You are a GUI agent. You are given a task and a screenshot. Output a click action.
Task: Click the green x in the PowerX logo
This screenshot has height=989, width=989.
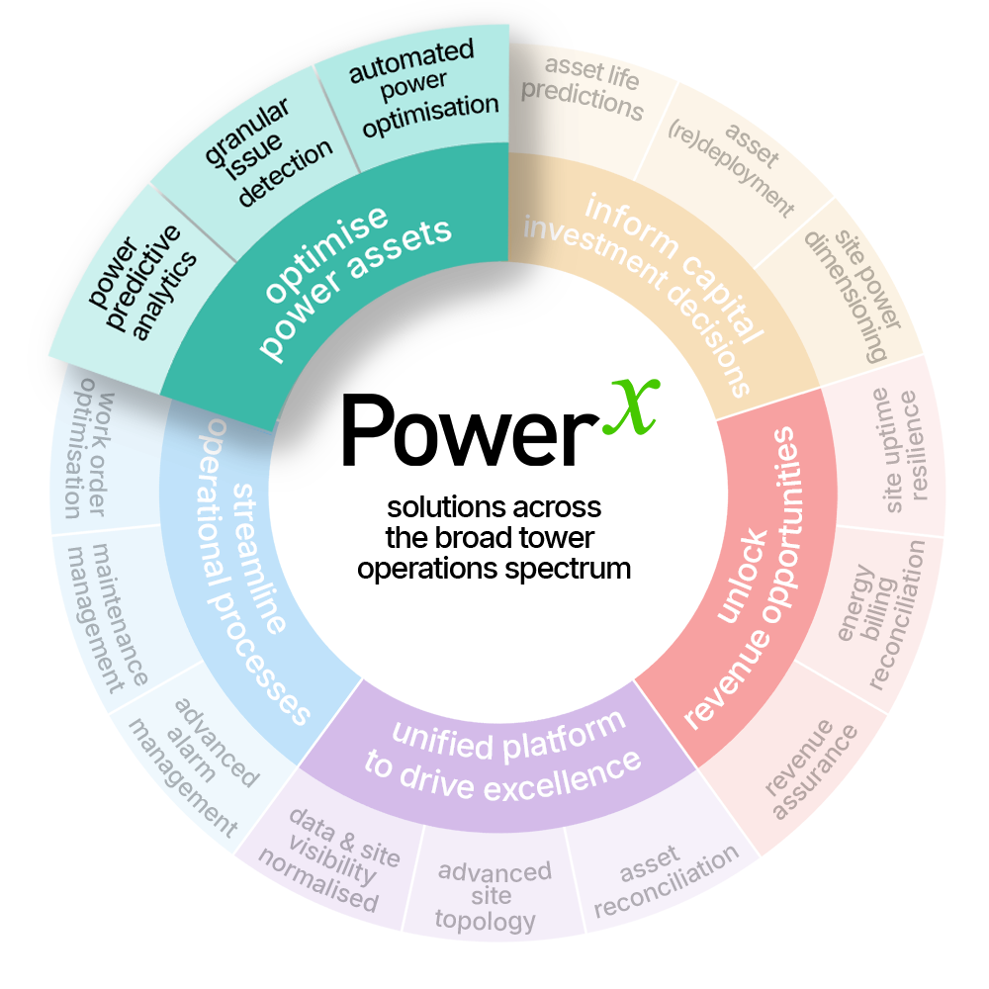(631, 407)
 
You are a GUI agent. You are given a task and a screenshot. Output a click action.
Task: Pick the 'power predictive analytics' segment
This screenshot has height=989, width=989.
(141, 284)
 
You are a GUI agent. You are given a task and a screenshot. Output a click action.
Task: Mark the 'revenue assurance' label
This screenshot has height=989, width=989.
(811, 769)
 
